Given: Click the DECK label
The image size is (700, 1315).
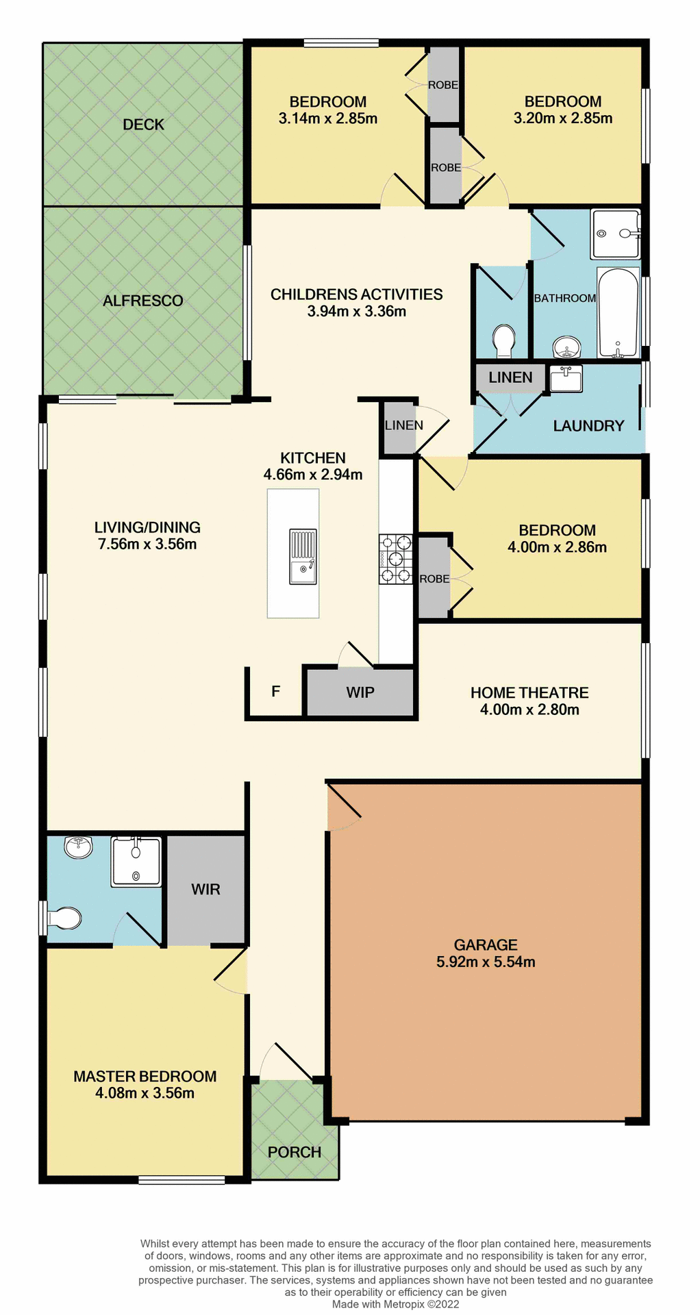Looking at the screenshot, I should click(x=143, y=125).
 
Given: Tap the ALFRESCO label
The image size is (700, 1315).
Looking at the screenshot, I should click(x=142, y=301).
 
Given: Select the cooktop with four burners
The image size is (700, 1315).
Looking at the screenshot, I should click(x=395, y=559).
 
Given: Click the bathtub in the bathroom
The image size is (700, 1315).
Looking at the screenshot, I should click(x=618, y=313).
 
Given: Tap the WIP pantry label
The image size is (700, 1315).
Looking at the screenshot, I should click(x=360, y=692).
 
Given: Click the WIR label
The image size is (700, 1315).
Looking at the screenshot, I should click(x=205, y=890).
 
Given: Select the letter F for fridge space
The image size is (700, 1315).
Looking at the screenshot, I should click(x=275, y=691).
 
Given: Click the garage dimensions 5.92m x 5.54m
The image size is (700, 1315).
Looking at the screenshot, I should click(x=486, y=962).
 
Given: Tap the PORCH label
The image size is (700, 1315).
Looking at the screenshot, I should click(x=295, y=1152).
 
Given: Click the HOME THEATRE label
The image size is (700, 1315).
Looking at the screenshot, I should click(x=529, y=692).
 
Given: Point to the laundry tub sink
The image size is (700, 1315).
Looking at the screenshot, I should click(x=566, y=378).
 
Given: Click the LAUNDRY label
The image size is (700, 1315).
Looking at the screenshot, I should click(x=588, y=426).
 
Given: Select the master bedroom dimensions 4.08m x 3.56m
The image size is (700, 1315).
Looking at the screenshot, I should click(x=145, y=1093).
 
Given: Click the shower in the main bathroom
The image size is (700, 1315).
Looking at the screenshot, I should click(x=616, y=234).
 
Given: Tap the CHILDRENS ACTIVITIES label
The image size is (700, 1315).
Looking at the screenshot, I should click(x=356, y=295).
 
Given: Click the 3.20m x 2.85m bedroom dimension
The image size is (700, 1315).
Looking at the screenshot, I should click(x=563, y=118).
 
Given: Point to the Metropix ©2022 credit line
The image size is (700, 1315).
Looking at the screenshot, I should click(x=395, y=1304).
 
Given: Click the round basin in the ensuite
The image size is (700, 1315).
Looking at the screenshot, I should click(x=78, y=847).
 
